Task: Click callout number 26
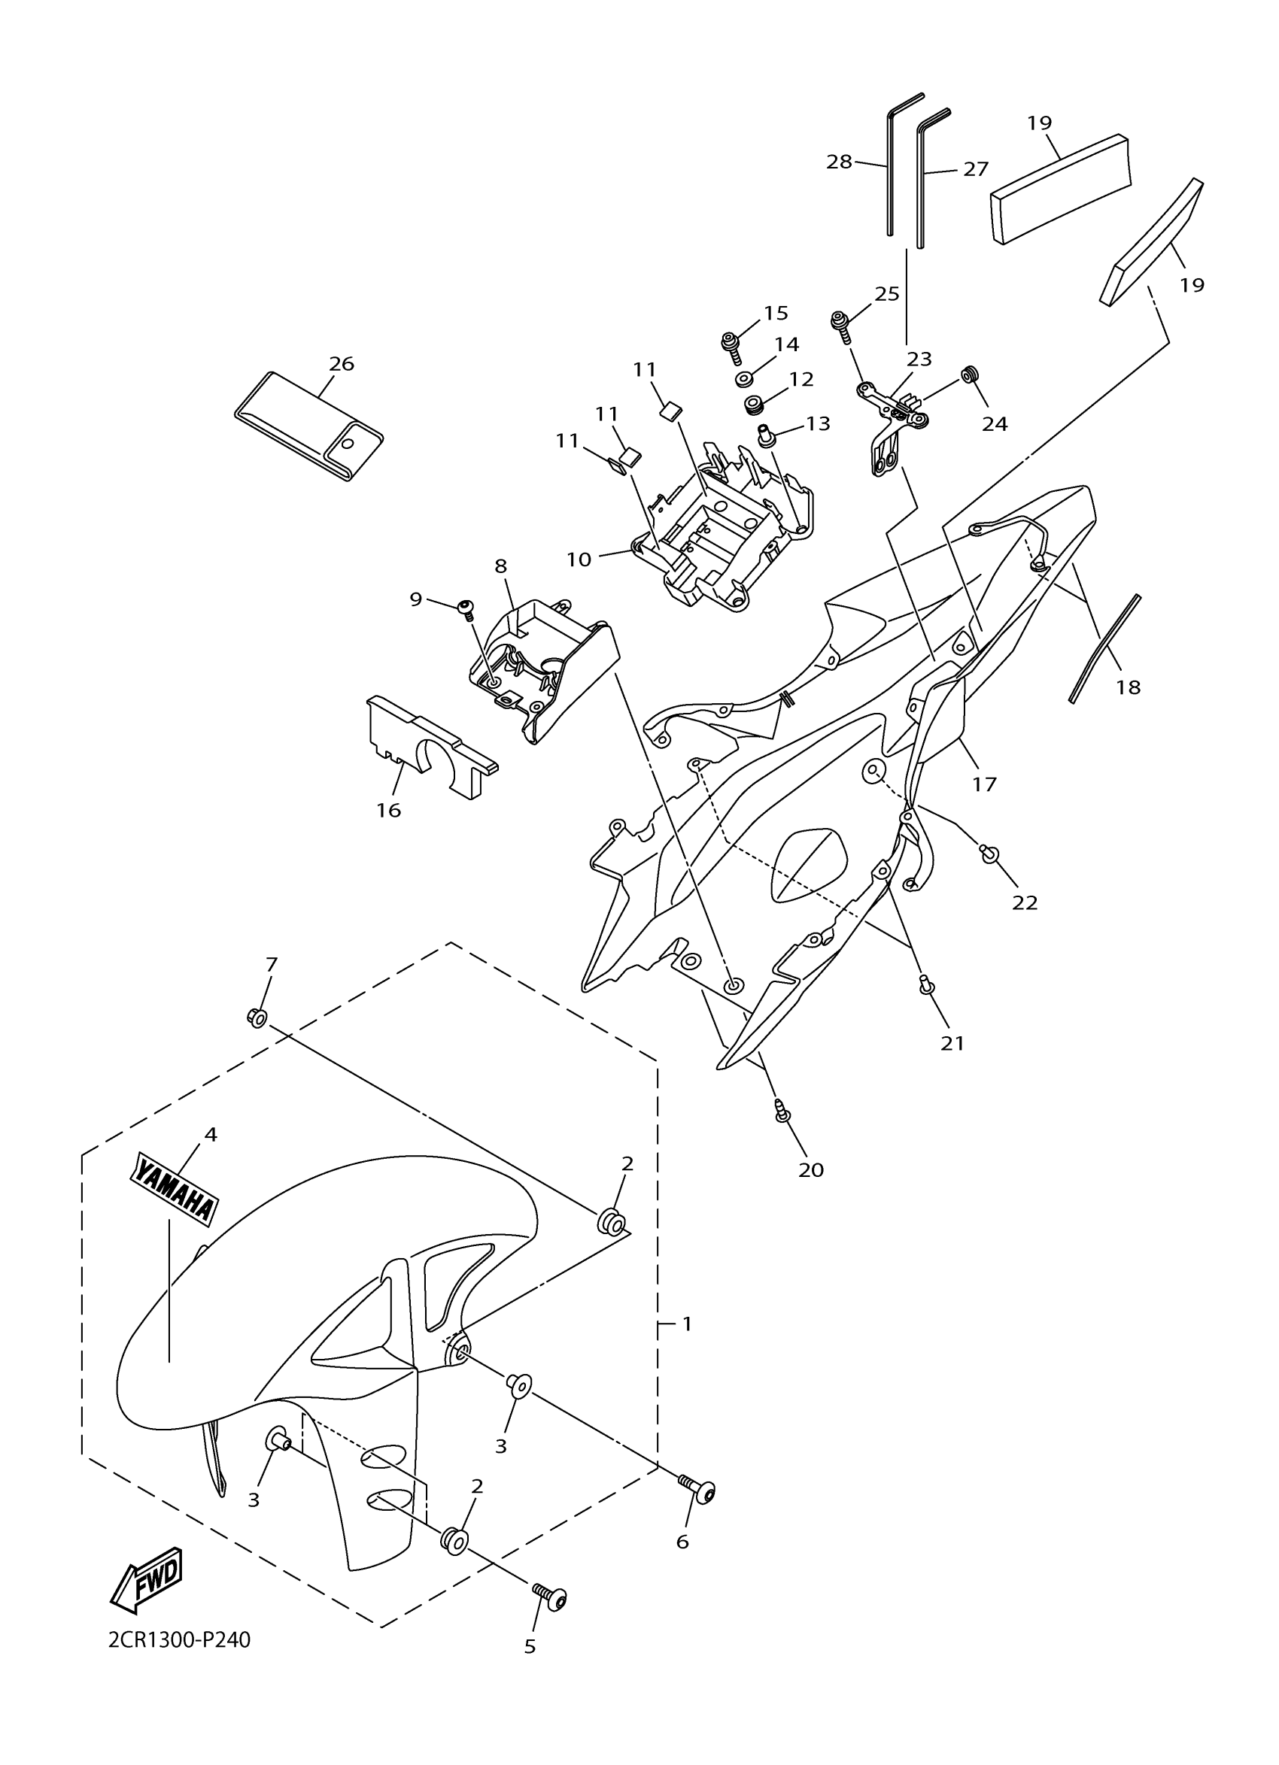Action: (x=341, y=363)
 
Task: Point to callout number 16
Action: (x=388, y=810)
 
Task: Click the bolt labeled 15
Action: (x=731, y=343)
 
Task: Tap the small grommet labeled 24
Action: (x=970, y=375)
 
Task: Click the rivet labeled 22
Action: (x=990, y=854)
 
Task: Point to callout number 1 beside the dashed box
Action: (x=687, y=1324)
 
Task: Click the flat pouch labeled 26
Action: (x=309, y=426)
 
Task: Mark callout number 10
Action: (x=579, y=559)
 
